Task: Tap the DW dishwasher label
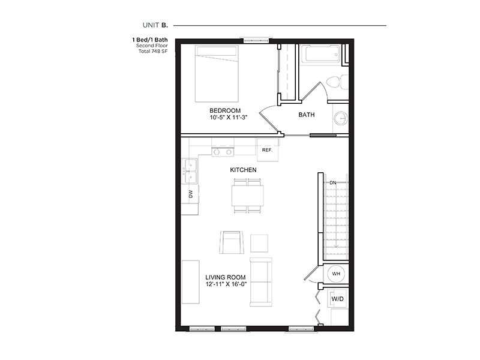[x=190, y=193]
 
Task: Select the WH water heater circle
[x=336, y=274]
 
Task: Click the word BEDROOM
[x=225, y=110]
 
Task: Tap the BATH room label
[x=306, y=115]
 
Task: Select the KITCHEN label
[x=244, y=170]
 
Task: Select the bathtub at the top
[x=320, y=56]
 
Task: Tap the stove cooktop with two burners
[x=222, y=152]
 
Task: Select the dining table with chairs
[x=247, y=196]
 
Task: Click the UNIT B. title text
[x=155, y=25]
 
